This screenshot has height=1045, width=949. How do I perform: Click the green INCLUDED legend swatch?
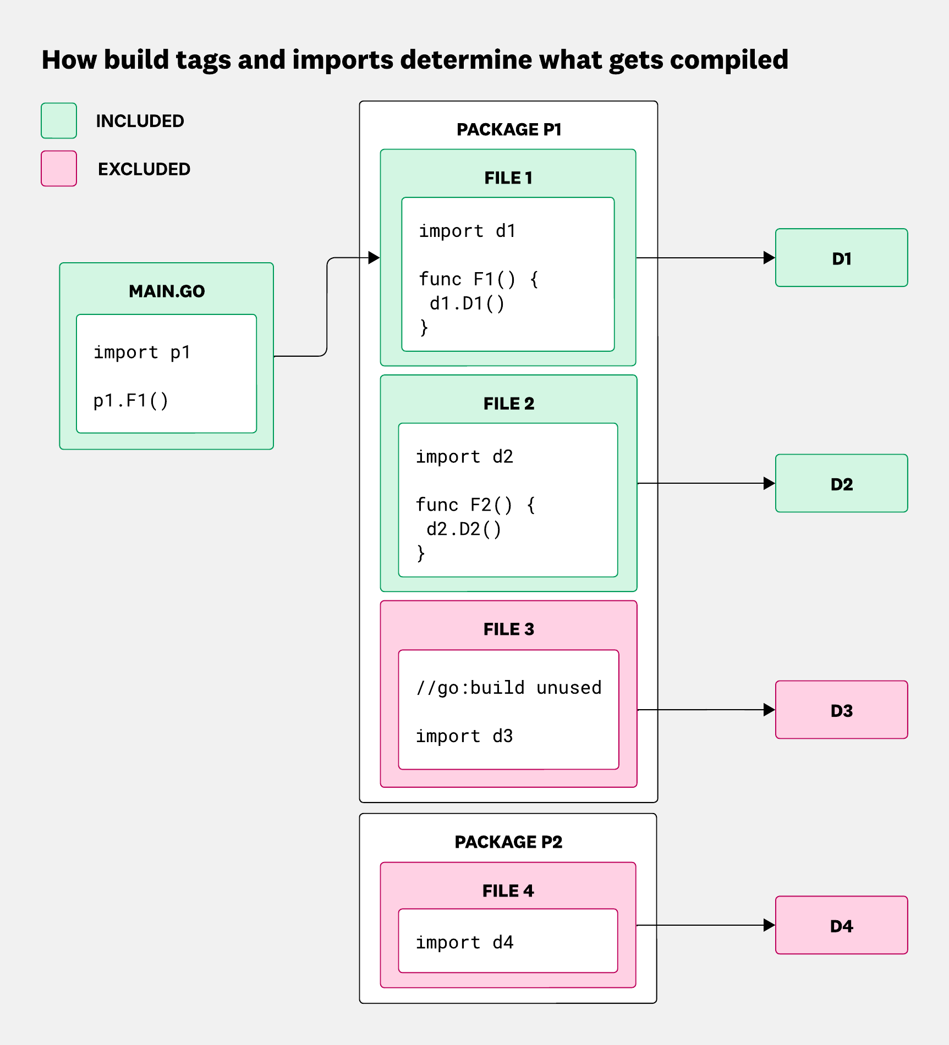pyautogui.click(x=59, y=120)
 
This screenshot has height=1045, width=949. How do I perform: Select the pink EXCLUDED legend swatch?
pyautogui.click(x=59, y=169)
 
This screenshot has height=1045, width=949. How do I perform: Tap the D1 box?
pyautogui.click(x=841, y=258)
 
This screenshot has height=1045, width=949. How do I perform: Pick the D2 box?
pyautogui.click(x=841, y=484)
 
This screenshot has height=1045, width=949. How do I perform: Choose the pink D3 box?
pyautogui.click(x=841, y=710)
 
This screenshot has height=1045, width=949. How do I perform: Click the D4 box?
pyautogui.click(x=841, y=925)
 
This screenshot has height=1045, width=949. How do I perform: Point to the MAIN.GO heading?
pyautogui.click(x=167, y=291)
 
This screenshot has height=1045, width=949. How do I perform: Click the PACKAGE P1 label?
pyautogui.click(x=509, y=130)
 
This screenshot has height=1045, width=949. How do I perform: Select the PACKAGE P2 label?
pyautogui.click(x=508, y=842)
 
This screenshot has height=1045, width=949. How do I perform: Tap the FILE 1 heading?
pyautogui.click(x=508, y=178)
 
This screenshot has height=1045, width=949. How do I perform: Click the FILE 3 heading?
pyautogui.click(x=509, y=629)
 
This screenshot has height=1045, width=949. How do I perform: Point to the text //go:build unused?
pyautogui.click(x=509, y=688)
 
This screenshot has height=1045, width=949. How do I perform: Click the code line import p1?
pyautogui.click(x=142, y=352)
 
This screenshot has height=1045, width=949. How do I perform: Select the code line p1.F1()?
pyautogui.click(x=131, y=401)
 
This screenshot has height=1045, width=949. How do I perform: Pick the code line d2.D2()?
pyautogui.click(x=464, y=529)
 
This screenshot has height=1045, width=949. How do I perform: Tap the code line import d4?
pyautogui.click(x=464, y=942)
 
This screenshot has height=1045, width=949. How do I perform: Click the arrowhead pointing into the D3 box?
pyautogui.click(x=769, y=710)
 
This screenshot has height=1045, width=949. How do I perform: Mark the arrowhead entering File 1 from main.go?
pyautogui.click(x=374, y=257)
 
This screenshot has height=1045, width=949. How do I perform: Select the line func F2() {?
pyautogui.click(x=475, y=505)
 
